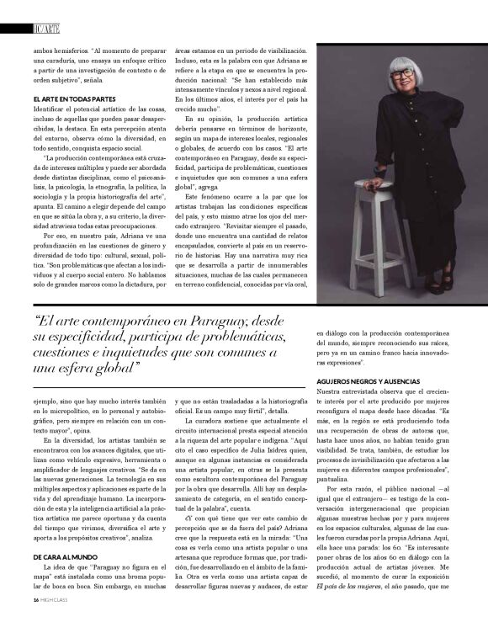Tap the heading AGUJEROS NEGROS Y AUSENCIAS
(x=369, y=381)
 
